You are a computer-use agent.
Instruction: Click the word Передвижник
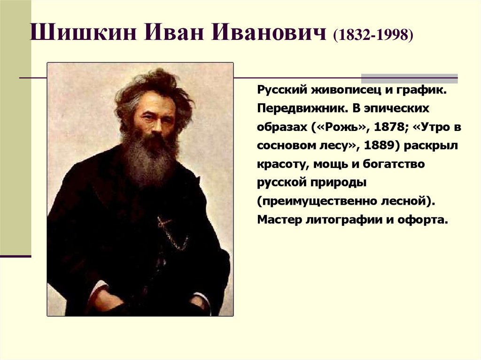coord(296,108)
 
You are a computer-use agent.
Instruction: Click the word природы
coord(339,183)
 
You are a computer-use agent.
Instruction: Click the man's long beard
coord(146,160)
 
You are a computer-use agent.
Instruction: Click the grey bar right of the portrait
coord(409,78)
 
